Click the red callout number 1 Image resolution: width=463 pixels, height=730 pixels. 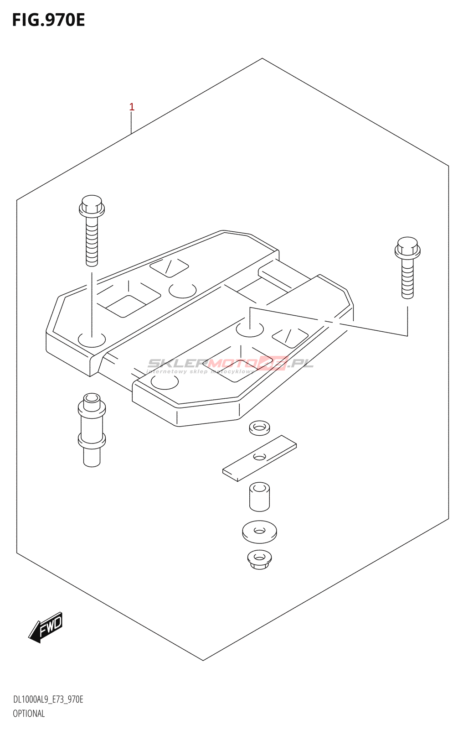[x=132, y=107]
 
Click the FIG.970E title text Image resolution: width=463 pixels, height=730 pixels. [x=48, y=21]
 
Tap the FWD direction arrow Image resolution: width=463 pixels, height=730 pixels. [x=46, y=627]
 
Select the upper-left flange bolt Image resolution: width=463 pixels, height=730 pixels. [x=92, y=230]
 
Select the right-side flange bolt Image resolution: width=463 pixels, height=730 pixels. [x=407, y=267]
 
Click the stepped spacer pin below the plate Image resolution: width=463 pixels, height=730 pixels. [x=92, y=429]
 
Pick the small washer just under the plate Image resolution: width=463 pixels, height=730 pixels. [x=259, y=428]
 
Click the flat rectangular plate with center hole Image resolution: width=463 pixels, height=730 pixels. [x=259, y=458]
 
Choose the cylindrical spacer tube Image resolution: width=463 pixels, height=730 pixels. [x=259, y=496]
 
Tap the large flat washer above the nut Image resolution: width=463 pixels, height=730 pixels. [x=259, y=532]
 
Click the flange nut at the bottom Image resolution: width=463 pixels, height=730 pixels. [x=259, y=559]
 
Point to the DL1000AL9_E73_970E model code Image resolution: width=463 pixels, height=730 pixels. [x=48, y=699]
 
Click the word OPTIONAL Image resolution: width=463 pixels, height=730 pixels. [x=29, y=714]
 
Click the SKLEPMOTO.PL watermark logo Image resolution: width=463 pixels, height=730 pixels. [x=230, y=364]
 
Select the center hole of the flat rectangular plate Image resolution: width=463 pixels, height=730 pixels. [x=259, y=457]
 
